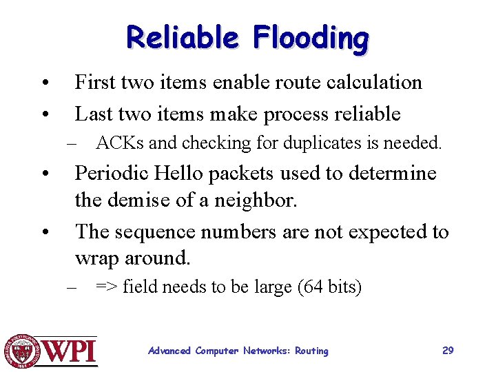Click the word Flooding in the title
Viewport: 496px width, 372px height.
coord(311,39)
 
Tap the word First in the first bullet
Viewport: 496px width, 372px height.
coord(95,83)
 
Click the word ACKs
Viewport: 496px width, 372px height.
coord(120,143)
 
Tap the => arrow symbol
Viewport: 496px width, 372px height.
coord(107,287)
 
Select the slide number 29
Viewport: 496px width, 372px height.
coord(448,351)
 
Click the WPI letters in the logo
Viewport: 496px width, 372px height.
coord(72,351)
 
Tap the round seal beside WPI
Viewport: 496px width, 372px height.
coord(23,351)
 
